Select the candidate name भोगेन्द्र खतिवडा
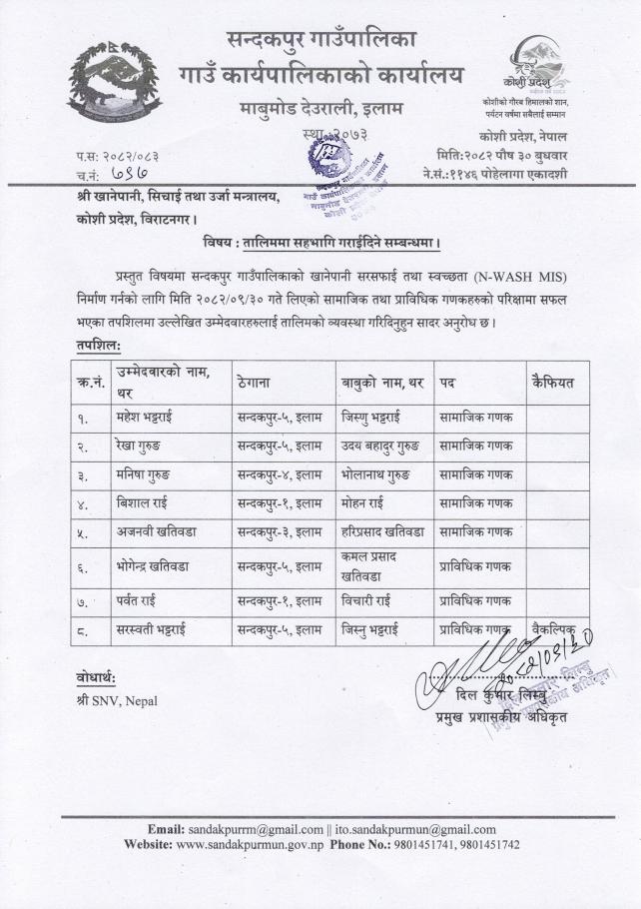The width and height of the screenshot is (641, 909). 160,566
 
